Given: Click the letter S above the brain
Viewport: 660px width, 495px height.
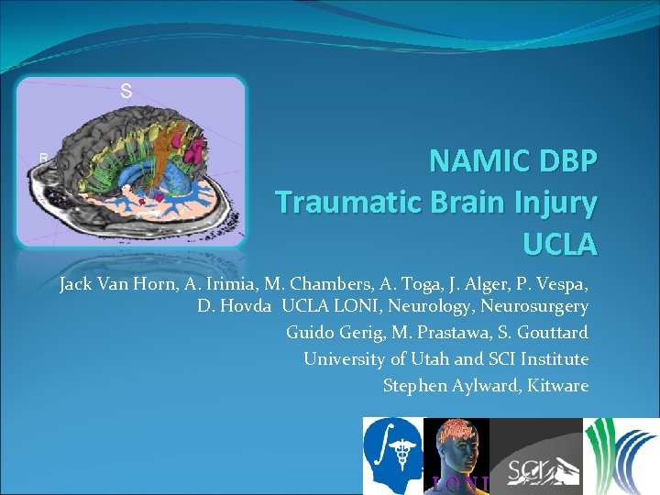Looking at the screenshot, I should click(126, 91).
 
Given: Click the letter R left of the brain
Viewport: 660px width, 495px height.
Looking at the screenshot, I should click(43, 159).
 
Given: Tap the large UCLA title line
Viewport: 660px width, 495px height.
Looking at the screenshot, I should click(559, 244).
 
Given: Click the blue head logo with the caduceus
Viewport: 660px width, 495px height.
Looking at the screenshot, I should click(394, 456).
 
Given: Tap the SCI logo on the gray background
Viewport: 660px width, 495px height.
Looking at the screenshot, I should click(536, 456).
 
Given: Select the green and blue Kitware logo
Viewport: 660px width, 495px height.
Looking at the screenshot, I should click(621, 456).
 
